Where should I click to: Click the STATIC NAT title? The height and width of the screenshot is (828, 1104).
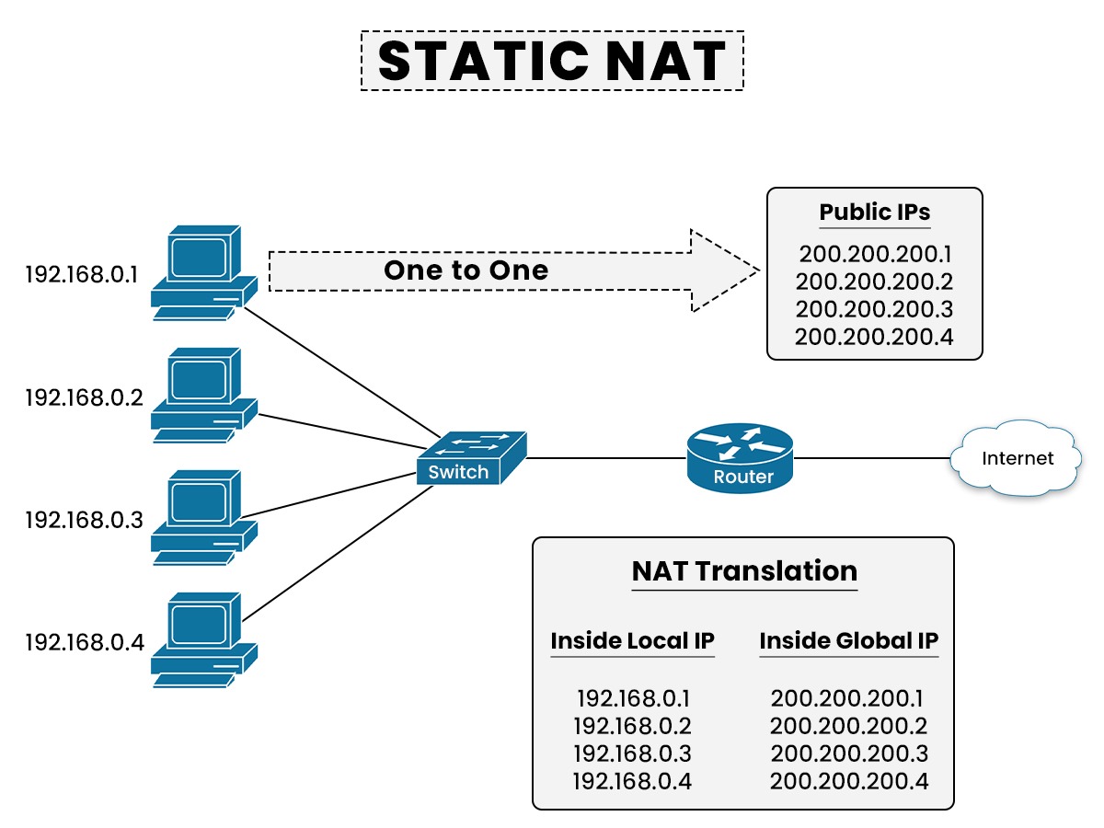click(552, 61)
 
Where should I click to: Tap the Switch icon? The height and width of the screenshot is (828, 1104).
click(471, 458)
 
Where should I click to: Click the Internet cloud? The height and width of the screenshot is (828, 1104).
click(1016, 457)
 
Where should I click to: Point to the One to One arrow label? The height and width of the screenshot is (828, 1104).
click(466, 270)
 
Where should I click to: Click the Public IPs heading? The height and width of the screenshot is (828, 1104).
click(875, 213)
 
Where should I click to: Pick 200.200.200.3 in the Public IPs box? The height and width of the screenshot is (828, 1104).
click(874, 309)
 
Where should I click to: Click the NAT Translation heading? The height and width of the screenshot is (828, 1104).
click(743, 571)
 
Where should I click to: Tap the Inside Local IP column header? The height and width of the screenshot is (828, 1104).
click(632, 640)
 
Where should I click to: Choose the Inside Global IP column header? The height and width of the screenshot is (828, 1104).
click(848, 640)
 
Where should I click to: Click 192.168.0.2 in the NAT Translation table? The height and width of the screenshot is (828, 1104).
click(632, 726)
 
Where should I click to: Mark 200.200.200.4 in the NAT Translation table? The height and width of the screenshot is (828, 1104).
click(848, 781)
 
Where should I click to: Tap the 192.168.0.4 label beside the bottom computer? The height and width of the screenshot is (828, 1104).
click(85, 641)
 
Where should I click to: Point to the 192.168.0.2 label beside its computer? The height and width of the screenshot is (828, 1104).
click(85, 397)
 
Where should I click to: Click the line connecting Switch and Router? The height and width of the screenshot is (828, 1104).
click(607, 457)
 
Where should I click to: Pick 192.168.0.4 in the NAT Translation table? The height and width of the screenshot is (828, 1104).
click(632, 781)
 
